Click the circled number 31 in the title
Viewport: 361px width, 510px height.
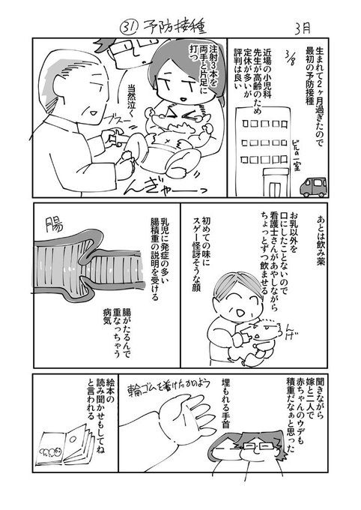coord(128,26)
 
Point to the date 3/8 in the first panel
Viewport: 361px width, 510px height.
coord(293,58)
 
